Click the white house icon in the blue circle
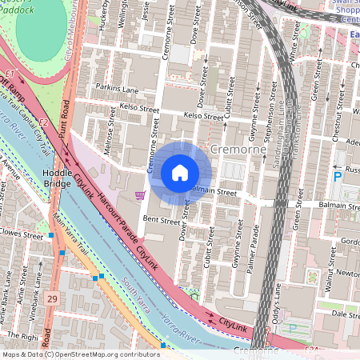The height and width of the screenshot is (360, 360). (180, 173)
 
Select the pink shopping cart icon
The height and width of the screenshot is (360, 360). (141, 194)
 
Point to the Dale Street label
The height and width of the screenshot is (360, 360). (339, 315)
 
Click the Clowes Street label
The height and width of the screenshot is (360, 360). (22, 236)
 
